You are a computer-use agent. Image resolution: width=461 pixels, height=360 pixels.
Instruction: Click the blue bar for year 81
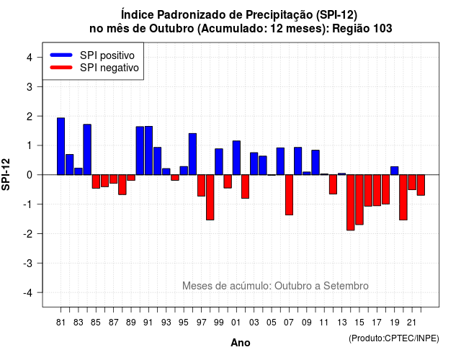click(61, 146)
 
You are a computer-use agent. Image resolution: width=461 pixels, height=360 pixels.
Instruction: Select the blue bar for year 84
click(87, 150)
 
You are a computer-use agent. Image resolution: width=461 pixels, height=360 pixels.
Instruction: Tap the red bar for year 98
click(210, 197)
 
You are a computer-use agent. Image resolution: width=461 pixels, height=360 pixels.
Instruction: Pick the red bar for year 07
click(289, 195)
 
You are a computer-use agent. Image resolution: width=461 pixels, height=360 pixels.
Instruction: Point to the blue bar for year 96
click(192, 154)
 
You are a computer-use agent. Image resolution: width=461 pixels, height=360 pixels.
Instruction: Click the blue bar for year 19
click(395, 171)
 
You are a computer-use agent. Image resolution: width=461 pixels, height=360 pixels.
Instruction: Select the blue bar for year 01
click(236, 158)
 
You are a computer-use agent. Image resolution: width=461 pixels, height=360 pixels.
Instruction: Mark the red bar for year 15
click(359, 199)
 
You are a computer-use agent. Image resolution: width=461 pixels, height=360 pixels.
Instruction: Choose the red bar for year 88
click(122, 184)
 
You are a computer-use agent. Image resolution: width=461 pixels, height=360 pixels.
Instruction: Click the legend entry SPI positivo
click(107, 55)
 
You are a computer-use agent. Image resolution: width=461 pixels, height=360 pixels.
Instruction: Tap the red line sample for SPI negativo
click(61, 68)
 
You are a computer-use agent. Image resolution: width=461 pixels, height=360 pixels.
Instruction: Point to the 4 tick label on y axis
click(30, 58)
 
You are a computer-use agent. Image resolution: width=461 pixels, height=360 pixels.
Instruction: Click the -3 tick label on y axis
click(28, 263)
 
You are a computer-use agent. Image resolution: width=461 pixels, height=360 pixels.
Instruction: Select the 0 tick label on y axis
click(30, 175)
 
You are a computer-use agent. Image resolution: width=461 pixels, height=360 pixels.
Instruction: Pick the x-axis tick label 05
click(272, 323)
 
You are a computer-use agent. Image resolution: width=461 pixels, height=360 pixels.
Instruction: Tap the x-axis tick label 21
click(411, 323)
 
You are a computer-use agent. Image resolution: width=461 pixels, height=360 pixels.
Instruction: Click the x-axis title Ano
click(241, 343)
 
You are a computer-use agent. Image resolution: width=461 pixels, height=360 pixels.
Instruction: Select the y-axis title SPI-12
click(6, 174)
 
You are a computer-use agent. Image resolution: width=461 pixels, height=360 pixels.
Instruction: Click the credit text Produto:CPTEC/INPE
click(394, 338)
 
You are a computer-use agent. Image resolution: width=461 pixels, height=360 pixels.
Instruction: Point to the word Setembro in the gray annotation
click(346, 286)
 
